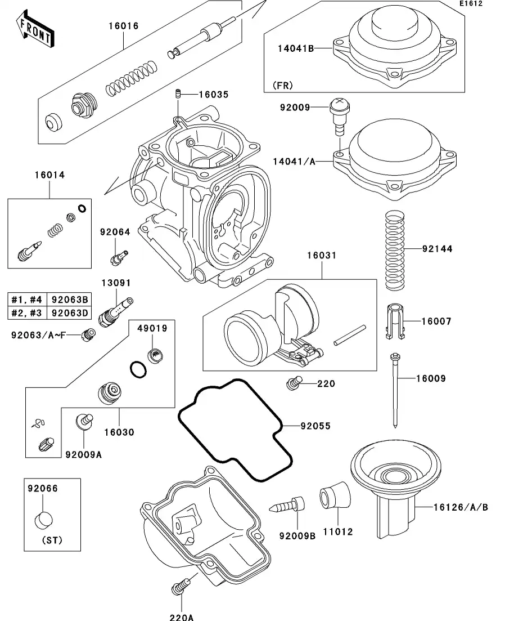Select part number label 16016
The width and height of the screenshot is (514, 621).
123,26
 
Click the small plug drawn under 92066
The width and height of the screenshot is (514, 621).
45,520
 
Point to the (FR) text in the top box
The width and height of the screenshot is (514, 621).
283,86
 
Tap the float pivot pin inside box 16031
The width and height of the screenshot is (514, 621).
350,334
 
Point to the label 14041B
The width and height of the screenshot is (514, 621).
295,48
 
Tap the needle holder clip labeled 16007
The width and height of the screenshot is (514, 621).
396,322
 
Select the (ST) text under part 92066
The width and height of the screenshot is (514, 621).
52,540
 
